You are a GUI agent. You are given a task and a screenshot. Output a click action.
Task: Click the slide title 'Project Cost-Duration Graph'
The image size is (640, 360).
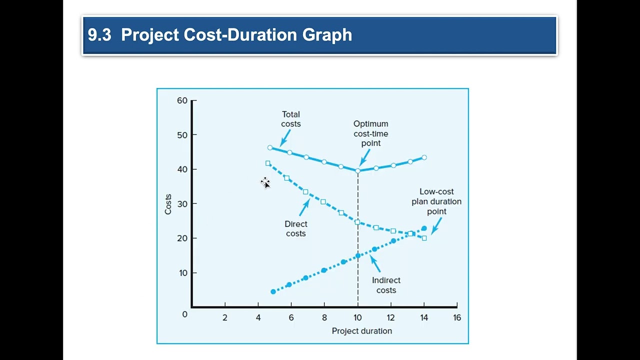point(236,35)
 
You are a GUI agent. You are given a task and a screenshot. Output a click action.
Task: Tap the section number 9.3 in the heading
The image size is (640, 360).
point(99,35)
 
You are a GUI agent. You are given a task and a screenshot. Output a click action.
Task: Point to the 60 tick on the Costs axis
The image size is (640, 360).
point(182,100)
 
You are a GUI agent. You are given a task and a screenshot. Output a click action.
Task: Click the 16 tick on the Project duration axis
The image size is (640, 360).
point(456,317)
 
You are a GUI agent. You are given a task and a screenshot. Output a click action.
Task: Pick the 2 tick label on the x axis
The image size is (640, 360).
point(225,317)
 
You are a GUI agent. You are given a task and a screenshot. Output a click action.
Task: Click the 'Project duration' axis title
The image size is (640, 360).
point(361,331)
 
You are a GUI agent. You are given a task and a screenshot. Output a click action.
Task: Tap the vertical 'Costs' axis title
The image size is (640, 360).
point(168,204)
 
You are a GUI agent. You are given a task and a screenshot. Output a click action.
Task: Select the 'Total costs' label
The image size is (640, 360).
point(290,119)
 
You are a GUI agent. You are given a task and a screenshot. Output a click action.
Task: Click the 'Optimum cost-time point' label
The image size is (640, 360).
point(370,133)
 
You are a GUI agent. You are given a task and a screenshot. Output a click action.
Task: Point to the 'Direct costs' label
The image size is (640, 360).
point(296,228)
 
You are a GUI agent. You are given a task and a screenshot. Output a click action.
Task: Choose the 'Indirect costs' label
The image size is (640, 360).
point(386,285)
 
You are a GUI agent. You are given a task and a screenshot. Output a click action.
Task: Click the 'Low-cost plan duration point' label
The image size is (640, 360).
point(436,201)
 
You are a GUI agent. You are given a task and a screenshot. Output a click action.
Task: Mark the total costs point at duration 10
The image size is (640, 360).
point(357,171)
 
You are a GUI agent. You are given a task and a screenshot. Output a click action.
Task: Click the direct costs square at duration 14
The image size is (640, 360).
point(424,238)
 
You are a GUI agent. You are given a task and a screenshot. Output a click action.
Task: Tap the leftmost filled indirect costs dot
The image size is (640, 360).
point(273,291)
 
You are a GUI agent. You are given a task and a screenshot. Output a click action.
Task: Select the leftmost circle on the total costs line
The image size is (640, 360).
point(270,147)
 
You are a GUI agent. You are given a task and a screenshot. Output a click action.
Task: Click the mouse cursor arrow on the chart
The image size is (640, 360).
point(266,184)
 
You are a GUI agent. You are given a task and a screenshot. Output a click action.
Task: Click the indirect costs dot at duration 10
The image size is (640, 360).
point(357,256)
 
